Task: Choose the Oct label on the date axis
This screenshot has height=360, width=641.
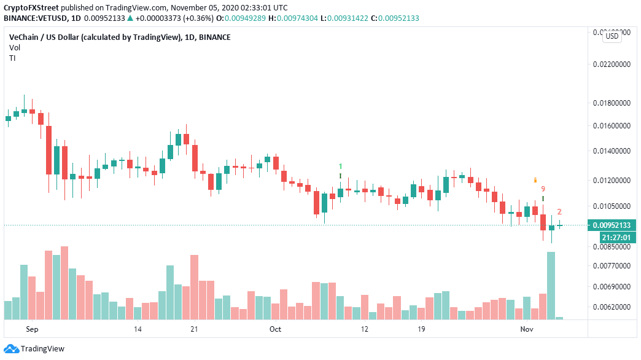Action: coord(275,329)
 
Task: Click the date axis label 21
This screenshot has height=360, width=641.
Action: coord(195,329)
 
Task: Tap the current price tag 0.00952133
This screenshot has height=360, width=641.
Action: coord(610,225)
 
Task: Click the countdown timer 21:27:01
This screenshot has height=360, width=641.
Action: coord(610,237)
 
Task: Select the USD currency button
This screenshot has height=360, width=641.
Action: coord(612,36)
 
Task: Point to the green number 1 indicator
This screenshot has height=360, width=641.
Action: coord(341,166)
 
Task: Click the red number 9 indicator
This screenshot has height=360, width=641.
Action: coord(543,189)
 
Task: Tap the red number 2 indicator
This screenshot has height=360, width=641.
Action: coord(559,212)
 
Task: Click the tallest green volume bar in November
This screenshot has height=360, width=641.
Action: coord(551,285)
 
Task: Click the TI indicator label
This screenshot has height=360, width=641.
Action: coord(12,58)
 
